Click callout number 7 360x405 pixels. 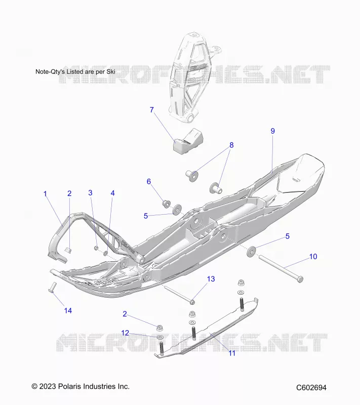152,110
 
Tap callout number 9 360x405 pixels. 273,131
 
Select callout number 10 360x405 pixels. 313,257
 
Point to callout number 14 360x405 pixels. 68,310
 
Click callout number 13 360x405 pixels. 211,279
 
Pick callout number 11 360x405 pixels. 232,353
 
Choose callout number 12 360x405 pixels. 125,333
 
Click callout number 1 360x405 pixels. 45,193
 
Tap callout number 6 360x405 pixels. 149,182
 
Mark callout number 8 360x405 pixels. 231,145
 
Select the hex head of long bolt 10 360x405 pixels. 300,279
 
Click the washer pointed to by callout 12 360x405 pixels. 160,337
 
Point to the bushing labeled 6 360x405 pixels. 166,204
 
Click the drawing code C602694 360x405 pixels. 311,387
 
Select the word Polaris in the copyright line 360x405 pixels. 68,386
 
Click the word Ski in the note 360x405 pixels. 110,71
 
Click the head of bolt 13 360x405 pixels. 192,301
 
